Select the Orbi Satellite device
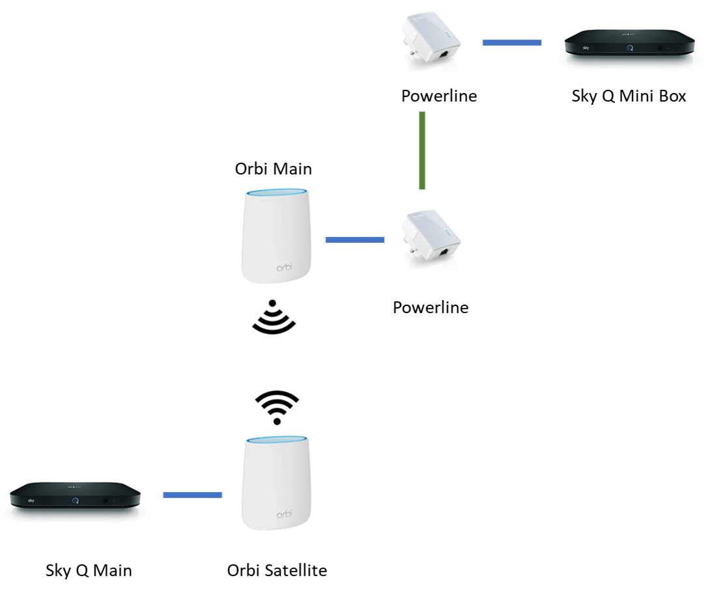277,483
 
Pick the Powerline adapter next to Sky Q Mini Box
431,42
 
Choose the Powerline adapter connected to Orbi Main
431,240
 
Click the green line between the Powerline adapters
422,150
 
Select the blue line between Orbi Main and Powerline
355,240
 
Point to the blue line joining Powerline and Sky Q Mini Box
511,43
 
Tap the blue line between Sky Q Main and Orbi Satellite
192,496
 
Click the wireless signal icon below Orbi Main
274,318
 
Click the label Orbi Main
274,169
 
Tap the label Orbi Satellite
277,571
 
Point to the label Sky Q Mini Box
629,96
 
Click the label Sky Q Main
89,571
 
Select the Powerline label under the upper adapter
439,96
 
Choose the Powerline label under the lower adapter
431,307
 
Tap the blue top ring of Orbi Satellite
277,441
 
